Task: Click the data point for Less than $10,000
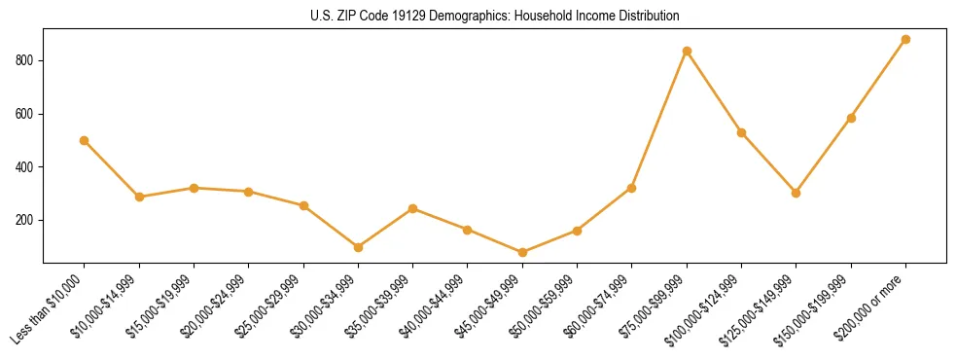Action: click(85, 140)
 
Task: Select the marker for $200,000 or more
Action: click(906, 40)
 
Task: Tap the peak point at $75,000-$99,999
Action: click(688, 51)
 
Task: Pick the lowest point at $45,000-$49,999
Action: click(523, 252)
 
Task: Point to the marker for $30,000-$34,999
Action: click(359, 247)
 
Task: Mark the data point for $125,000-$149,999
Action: click(797, 193)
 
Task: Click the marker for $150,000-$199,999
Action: click(852, 118)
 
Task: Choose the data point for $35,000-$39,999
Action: click(413, 208)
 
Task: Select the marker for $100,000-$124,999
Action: click(742, 132)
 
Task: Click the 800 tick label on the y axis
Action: click(27, 60)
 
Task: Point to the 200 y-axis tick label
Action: click(27, 220)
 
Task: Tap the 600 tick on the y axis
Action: click(27, 114)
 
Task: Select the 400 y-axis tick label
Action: click(27, 167)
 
